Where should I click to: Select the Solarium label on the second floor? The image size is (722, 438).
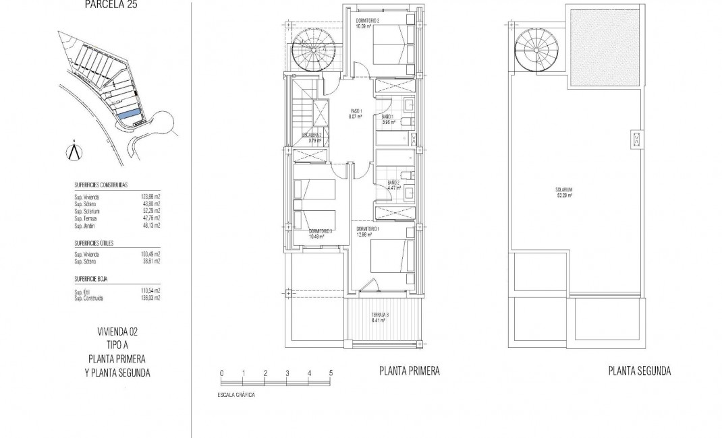coord(563,193)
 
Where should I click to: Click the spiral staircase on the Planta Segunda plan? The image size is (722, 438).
coord(531,51)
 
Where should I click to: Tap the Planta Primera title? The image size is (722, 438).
coord(410,371)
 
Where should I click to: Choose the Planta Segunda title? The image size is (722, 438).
coord(638,371)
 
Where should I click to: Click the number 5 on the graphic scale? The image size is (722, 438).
coord(331,373)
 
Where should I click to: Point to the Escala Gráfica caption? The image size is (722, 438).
coord(232,394)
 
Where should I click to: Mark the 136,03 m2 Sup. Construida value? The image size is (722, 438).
coord(150,297)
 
